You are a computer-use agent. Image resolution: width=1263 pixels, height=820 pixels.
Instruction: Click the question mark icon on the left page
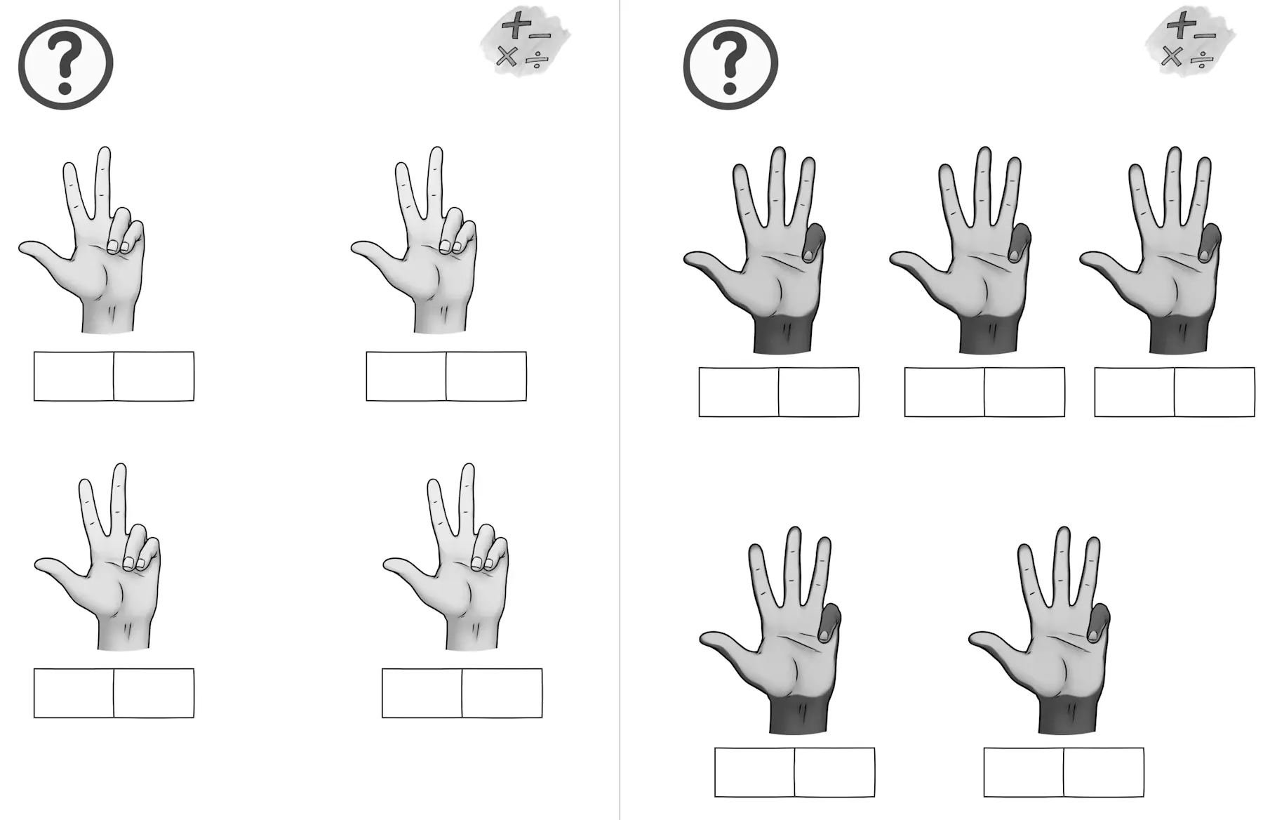click(65, 64)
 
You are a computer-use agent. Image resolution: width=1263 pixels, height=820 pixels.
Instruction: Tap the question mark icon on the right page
click(730, 64)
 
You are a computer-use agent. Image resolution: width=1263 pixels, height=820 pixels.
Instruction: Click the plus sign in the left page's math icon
click(516, 25)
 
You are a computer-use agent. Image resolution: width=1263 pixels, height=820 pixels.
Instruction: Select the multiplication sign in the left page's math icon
click(506, 56)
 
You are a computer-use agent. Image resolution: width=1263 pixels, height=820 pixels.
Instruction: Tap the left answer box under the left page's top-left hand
click(74, 376)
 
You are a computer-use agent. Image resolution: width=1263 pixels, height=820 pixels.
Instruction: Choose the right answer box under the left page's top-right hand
click(486, 376)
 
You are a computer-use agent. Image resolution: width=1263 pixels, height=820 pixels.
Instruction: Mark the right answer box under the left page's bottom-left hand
click(154, 693)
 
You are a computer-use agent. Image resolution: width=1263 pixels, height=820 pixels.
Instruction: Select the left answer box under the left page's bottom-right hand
click(422, 693)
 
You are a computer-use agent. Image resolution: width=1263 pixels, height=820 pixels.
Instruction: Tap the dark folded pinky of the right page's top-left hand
click(813, 243)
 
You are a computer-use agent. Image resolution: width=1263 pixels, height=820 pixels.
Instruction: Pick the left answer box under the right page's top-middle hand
click(944, 392)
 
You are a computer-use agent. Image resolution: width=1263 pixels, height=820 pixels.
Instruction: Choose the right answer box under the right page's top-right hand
click(1215, 392)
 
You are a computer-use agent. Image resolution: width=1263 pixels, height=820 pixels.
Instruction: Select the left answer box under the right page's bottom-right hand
click(1024, 772)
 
